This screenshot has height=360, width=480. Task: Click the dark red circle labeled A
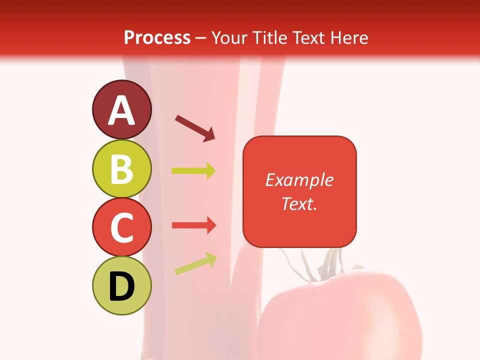coord(121,109)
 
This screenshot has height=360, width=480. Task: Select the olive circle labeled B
coord(121,168)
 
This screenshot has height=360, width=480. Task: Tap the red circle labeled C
coord(121,227)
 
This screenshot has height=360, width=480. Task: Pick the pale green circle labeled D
coord(121,285)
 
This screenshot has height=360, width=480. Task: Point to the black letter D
coord(121,286)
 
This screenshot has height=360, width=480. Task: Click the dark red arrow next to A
coord(195,128)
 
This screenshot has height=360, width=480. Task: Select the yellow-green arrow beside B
coord(193,171)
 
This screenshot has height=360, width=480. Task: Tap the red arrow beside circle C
coord(193,225)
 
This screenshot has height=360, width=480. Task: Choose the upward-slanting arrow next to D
coord(195,263)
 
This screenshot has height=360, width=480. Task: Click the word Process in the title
coord(157,37)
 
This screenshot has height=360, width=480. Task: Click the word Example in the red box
coord(299,180)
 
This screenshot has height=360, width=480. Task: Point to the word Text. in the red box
coord(299,203)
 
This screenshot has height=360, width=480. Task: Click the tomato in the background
coord(345,315)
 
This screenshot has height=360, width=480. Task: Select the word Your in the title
coord(230,37)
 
